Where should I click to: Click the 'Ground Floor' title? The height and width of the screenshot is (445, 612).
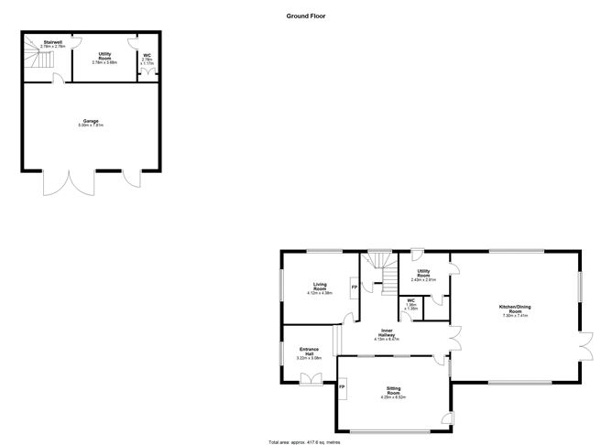pos(306,16)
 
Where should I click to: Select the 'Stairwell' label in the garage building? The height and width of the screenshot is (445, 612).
pos(52,42)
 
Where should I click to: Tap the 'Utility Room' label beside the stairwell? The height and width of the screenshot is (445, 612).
pos(105,56)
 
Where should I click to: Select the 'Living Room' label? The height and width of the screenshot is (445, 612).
pos(320,285)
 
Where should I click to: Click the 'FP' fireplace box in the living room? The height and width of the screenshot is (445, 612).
pos(355,288)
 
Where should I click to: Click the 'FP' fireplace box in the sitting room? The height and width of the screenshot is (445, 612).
pos(343,388)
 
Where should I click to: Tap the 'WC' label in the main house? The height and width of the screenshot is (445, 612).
pos(411,301)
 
